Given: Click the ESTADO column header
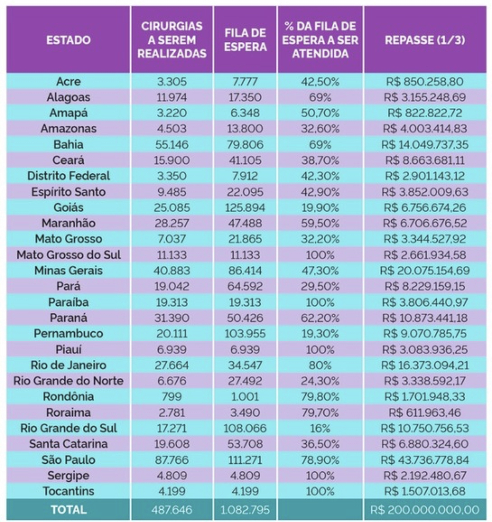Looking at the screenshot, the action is (x=69, y=40).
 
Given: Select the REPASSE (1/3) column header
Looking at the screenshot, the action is (x=425, y=40).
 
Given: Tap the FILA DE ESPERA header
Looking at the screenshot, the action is (x=245, y=40).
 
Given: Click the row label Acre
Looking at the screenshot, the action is (x=69, y=81).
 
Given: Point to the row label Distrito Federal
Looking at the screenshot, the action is (x=69, y=176).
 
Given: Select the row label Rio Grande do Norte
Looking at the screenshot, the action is (x=69, y=381).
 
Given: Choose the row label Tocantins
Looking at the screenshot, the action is (x=69, y=491).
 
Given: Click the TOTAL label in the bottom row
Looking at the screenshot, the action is (x=69, y=509).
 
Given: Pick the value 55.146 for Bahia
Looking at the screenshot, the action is (x=172, y=145).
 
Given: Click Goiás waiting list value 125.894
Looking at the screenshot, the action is (x=245, y=207).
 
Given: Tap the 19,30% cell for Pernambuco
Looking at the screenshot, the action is (x=320, y=334).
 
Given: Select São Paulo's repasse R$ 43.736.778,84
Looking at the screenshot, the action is (x=425, y=460).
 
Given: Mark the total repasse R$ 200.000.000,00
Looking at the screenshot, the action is (x=425, y=510).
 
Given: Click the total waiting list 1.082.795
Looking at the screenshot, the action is (x=245, y=510).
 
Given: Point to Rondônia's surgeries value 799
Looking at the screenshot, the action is (x=172, y=397).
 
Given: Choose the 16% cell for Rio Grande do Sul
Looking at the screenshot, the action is (x=320, y=428).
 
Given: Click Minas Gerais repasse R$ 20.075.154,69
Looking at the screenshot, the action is (x=425, y=270).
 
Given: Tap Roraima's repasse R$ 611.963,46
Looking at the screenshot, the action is (x=425, y=412).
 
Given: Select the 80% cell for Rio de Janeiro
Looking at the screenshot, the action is (x=320, y=365).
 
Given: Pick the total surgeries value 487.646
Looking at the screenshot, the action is (x=172, y=510).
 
